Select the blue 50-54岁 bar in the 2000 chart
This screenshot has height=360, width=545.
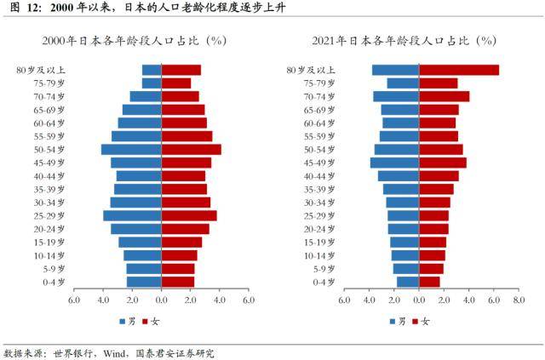tap(131, 149)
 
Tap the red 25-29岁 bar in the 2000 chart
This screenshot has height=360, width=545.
tap(189, 215)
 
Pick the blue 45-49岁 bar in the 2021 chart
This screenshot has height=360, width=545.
tap(394, 163)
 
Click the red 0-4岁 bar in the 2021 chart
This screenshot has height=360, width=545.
tap(430, 282)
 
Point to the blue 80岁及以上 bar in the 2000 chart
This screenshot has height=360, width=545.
tap(152, 70)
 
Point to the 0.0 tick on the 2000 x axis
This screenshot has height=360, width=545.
tap(161, 300)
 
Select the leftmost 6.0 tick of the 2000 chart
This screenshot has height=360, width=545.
tap(74, 300)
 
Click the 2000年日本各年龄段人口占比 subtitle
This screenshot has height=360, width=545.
tap(127, 40)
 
